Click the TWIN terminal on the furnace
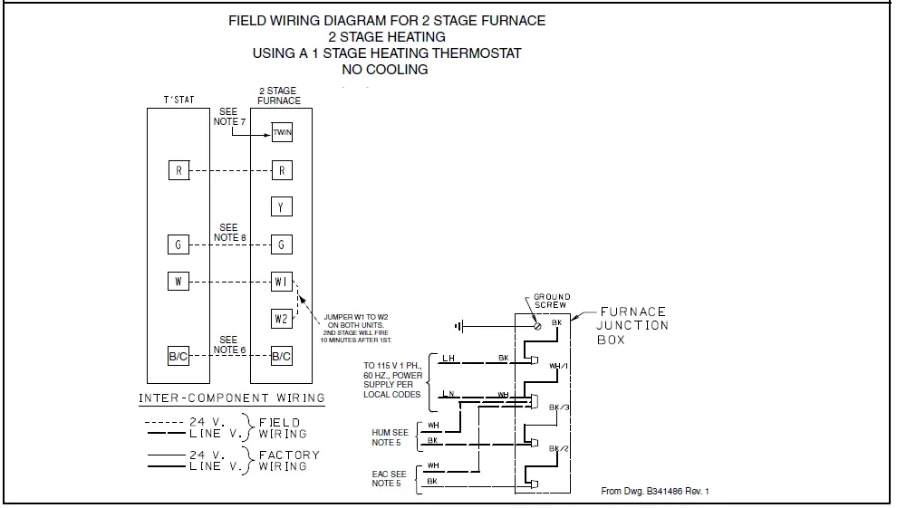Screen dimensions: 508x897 click(x=282, y=135)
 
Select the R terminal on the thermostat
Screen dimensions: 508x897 click(x=178, y=170)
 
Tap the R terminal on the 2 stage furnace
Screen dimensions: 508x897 click(x=282, y=170)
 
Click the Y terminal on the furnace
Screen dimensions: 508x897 click(x=282, y=207)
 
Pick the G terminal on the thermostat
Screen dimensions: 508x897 click(x=178, y=244)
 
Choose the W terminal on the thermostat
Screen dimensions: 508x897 click(x=178, y=281)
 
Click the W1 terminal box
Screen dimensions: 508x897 click(x=282, y=282)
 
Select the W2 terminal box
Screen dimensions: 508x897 click(x=282, y=319)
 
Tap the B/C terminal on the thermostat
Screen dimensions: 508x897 click(x=178, y=356)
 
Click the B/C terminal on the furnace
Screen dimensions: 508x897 click(x=282, y=356)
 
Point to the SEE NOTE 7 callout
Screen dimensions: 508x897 click(x=228, y=117)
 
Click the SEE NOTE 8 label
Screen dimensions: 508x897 click(x=228, y=233)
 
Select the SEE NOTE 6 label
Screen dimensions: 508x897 click(x=228, y=345)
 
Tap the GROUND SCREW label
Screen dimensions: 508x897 click(x=551, y=301)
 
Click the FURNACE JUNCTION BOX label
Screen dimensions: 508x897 click(x=632, y=326)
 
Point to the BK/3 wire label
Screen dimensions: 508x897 click(x=558, y=407)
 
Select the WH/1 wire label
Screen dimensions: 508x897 click(x=558, y=366)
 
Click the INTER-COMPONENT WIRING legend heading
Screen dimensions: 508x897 click(x=232, y=398)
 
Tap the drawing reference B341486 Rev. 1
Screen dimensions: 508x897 click(x=655, y=491)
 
